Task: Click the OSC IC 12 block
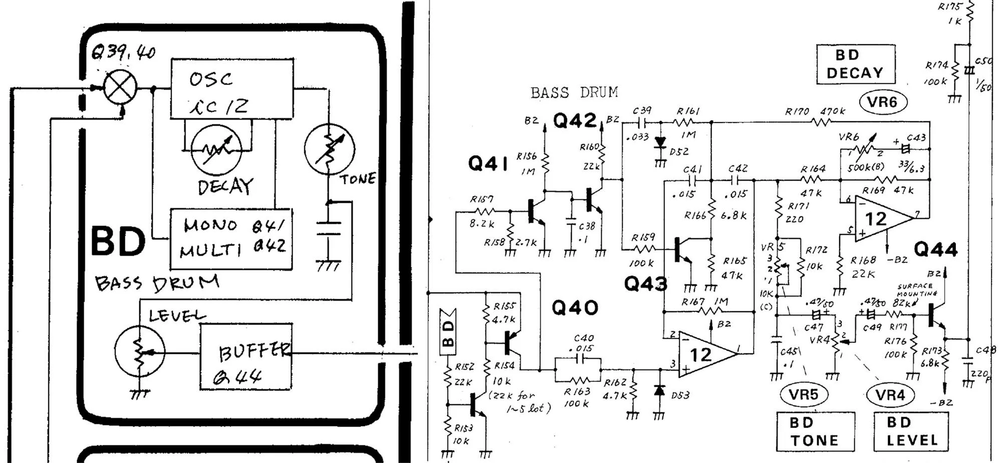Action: click(x=232, y=89)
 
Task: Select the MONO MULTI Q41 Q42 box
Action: click(x=231, y=239)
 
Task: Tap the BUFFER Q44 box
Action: click(x=245, y=356)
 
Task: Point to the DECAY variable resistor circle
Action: click(x=216, y=149)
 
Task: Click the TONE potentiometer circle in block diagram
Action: click(x=329, y=149)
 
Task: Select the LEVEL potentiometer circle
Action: click(x=139, y=350)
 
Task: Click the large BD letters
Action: click(x=118, y=241)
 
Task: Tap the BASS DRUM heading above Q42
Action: click(x=574, y=93)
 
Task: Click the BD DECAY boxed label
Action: click(x=856, y=64)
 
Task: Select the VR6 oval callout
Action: click(x=883, y=102)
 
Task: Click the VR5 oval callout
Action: click(x=804, y=394)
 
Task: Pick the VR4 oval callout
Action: click(x=890, y=395)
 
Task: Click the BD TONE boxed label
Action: click(x=815, y=431)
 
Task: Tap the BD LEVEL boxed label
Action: click(x=911, y=431)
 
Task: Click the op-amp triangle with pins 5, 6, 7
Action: click(x=880, y=218)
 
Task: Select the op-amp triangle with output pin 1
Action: click(x=704, y=354)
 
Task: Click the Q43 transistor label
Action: click(x=645, y=284)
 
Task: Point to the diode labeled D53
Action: click(x=660, y=390)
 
